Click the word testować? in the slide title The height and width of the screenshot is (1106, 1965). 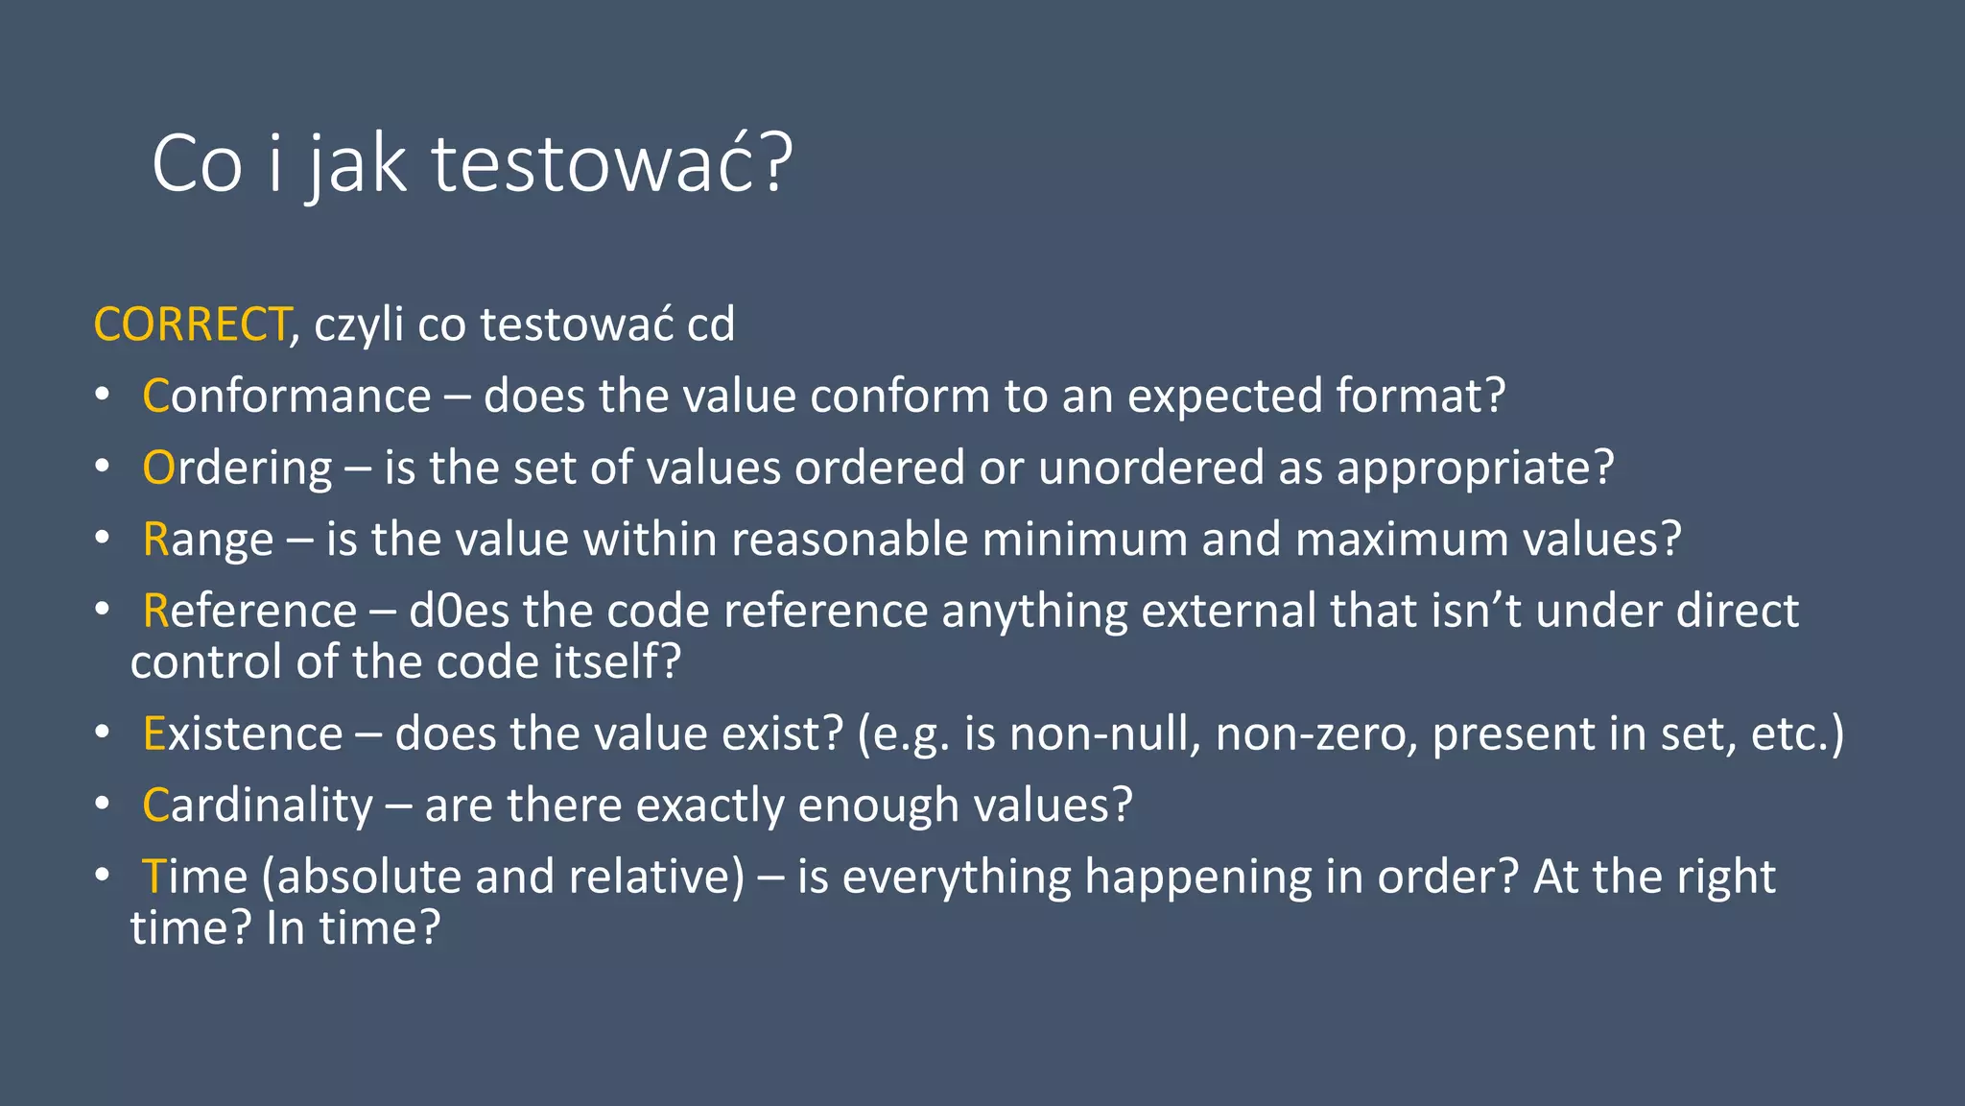pos(611,164)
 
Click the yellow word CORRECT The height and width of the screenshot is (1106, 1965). pos(192,325)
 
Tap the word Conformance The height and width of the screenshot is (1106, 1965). pos(286,397)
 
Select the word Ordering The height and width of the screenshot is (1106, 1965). pos(237,469)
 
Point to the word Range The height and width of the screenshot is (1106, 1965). pos(207,540)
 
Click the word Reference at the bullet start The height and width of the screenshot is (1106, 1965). pos(249,612)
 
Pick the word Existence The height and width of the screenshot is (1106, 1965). pos(242,734)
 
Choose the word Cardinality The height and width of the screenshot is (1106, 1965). pos(257,805)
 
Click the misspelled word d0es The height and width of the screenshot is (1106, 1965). pos(459,612)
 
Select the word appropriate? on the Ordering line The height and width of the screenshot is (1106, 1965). pos(1475,469)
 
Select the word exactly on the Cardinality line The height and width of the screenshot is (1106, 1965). pos(709,805)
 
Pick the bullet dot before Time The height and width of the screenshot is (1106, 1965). pos(103,877)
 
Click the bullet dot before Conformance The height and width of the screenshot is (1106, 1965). pos(103,396)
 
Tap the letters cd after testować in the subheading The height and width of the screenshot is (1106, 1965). pos(710,325)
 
